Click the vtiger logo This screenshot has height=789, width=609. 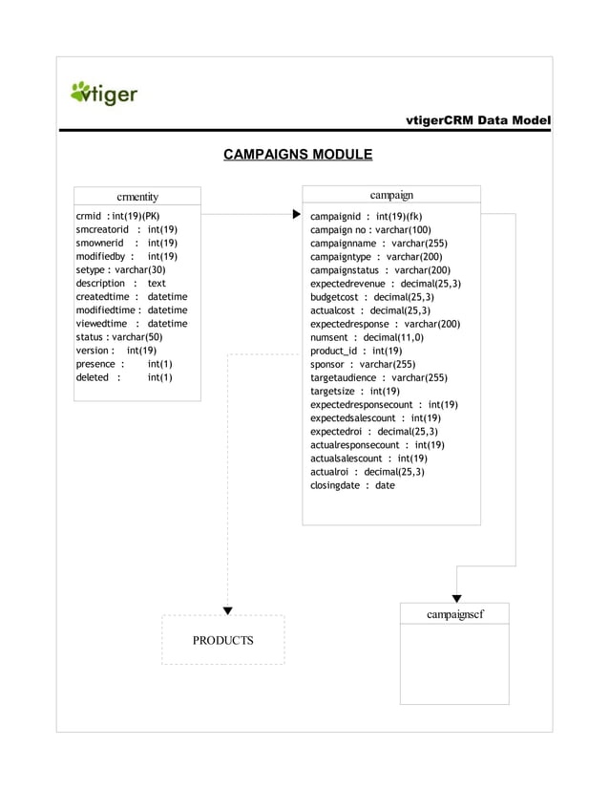[104, 94]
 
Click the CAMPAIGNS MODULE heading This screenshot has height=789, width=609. [297, 154]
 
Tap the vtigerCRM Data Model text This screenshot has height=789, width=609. [478, 120]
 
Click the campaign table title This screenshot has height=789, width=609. [391, 195]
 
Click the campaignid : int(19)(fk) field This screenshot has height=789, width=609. [367, 216]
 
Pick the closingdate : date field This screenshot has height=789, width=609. [352, 484]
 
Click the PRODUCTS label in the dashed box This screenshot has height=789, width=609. [223, 640]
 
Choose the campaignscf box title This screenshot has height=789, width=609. [454, 613]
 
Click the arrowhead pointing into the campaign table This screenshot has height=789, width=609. [297, 216]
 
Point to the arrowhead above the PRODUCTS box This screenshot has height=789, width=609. [227, 609]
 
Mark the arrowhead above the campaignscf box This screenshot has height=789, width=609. [457, 598]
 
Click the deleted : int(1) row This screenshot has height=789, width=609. [123, 377]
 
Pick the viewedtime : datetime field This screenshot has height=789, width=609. [132, 324]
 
